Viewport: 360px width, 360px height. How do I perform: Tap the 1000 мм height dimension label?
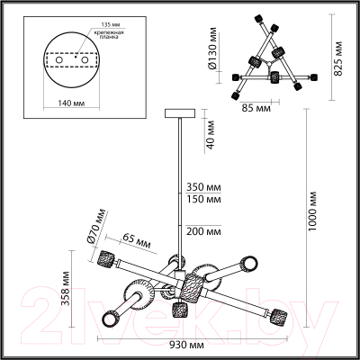[313, 211]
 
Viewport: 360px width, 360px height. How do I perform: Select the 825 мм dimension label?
[338, 58]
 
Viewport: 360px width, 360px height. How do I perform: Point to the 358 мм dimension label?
[65, 289]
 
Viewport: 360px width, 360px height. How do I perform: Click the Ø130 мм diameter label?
[212, 49]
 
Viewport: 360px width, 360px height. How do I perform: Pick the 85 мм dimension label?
[256, 108]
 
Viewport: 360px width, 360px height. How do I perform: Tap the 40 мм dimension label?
[211, 135]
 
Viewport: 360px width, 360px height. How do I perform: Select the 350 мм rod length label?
[203, 187]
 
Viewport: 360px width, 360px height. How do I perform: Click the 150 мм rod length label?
[203, 199]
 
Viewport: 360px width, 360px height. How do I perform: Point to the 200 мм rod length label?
[203, 231]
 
